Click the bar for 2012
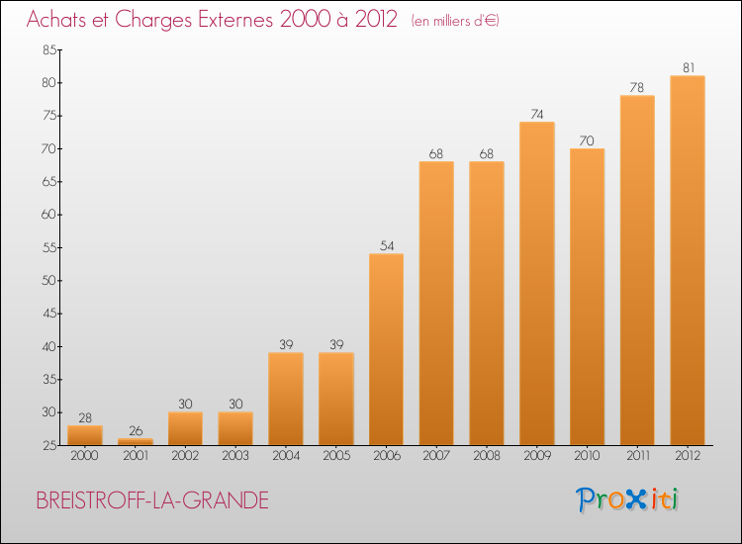click(687, 260)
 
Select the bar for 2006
click(386, 349)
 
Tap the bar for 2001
click(135, 442)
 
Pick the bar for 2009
click(536, 283)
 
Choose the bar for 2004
click(285, 399)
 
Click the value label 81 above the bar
click(687, 67)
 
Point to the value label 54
click(386, 245)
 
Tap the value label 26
click(135, 430)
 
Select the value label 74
click(536, 114)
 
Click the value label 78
click(637, 87)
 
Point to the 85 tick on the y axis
click(47, 49)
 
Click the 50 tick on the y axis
click(47, 281)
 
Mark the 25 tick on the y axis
click(47, 445)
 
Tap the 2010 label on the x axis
click(587, 458)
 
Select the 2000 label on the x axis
click(84, 458)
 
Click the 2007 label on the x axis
click(436, 458)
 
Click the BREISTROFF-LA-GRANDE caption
click(152, 500)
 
